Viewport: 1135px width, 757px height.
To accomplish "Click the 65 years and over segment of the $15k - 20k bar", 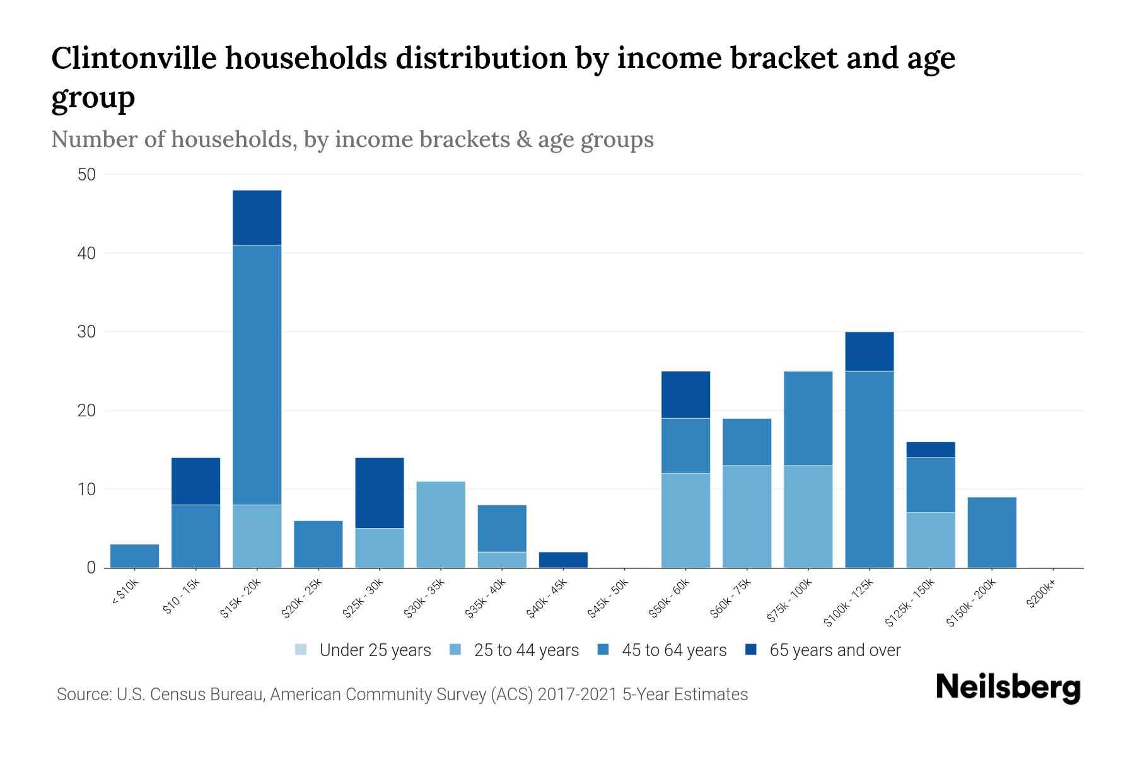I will (x=257, y=218).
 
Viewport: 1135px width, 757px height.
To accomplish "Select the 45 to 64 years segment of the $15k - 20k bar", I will (x=257, y=375).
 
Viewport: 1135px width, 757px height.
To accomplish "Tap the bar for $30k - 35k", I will (x=441, y=525).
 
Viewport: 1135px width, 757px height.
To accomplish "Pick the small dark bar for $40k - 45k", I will (x=564, y=560).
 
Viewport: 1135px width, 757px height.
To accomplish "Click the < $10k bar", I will (x=134, y=556).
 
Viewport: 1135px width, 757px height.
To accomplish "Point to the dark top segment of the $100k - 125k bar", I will (x=869, y=351).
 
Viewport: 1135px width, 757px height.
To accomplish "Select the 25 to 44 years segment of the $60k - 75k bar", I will (x=747, y=517).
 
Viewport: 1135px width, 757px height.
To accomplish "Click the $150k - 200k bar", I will (x=992, y=532).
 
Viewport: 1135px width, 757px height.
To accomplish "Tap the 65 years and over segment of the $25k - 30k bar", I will (x=380, y=493).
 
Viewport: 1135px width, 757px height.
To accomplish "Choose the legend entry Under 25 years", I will (x=375, y=650).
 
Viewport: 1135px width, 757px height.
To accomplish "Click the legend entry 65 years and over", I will (x=834, y=650).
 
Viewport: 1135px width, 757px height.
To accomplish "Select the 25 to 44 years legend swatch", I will (x=456, y=650).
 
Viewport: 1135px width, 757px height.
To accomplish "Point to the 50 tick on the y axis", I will (x=86, y=175).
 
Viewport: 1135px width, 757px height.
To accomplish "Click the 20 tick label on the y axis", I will (x=86, y=411).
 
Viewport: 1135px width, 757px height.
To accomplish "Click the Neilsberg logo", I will (x=1008, y=688).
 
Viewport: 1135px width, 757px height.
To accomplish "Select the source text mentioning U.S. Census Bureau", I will (x=402, y=695).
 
